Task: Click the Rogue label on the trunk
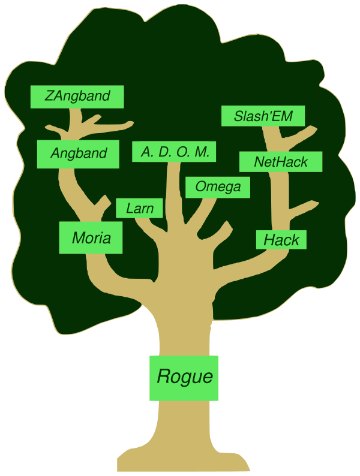click(184, 377)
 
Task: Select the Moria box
click(91, 237)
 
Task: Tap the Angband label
click(79, 153)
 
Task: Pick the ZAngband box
click(77, 96)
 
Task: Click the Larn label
click(139, 208)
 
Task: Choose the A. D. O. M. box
click(175, 152)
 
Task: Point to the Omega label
click(218, 187)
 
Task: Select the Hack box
click(281, 240)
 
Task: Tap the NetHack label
click(281, 162)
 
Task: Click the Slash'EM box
click(263, 116)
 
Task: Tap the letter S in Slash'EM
click(239, 116)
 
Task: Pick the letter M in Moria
click(78, 238)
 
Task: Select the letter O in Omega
click(200, 187)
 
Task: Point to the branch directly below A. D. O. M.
click(173, 192)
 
